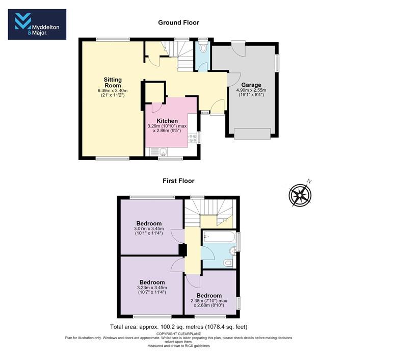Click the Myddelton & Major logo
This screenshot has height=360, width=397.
coord(37,24)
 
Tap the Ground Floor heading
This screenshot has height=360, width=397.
coord(178,22)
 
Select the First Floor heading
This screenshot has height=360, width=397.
coord(178,181)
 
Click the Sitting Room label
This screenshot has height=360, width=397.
coord(113,83)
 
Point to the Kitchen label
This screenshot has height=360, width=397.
coord(167,121)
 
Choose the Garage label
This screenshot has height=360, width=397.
coord(251,85)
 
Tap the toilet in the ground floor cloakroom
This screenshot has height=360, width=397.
coord(203,47)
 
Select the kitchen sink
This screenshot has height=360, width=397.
coord(163,152)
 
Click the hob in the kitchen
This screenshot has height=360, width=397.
coord(193,138)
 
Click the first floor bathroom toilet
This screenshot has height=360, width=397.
coord(229,263)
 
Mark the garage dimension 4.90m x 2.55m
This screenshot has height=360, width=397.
coord(251,90)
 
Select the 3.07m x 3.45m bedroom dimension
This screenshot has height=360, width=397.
coord(149,228)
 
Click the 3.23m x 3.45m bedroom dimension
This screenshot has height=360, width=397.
coord(152,288)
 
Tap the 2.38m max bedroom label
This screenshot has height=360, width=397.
coord(209,301)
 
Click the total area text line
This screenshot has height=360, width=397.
coord(178,327)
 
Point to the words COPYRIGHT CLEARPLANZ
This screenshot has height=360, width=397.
coord(178,333)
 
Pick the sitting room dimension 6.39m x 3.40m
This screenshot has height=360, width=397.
coord(113,90)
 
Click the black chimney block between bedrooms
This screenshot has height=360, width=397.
coord(183,250)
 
